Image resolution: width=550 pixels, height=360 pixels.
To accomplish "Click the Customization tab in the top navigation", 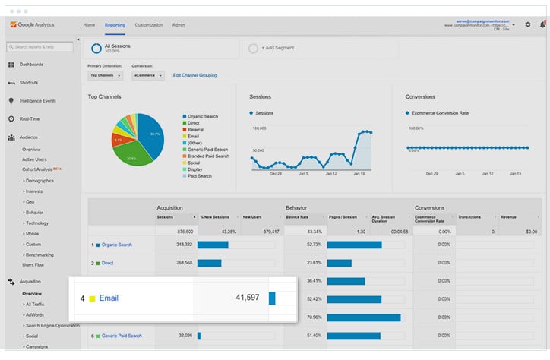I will click(x=149, y=25).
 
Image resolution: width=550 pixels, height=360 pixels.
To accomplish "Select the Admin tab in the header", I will click(x=179, y=25).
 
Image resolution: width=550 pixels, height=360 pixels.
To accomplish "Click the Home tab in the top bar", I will click(x=89, y=25).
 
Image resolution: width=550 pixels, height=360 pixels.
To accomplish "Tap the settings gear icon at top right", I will click(x=528, y=24).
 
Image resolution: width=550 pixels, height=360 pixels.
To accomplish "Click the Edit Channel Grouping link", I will click(x=195, y=75).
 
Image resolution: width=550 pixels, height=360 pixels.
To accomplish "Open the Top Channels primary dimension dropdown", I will click(x=105, y=75).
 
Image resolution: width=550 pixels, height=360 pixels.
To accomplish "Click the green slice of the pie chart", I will click(x=131, y=156).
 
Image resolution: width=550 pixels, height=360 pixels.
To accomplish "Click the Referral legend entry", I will click(x=195, y=130).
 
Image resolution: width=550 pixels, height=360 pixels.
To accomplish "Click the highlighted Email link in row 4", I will click(x=109, y=298).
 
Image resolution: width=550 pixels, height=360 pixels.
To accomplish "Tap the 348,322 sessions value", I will click(x=182, y=245).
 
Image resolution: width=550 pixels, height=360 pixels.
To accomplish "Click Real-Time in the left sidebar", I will click(x=30, y=118).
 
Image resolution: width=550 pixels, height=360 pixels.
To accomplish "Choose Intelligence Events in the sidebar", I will click(x=37, y=100).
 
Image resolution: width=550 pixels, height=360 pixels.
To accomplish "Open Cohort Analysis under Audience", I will click(x=38, y=169).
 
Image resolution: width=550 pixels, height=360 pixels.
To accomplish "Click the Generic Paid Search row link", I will click(x=122, y=336).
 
